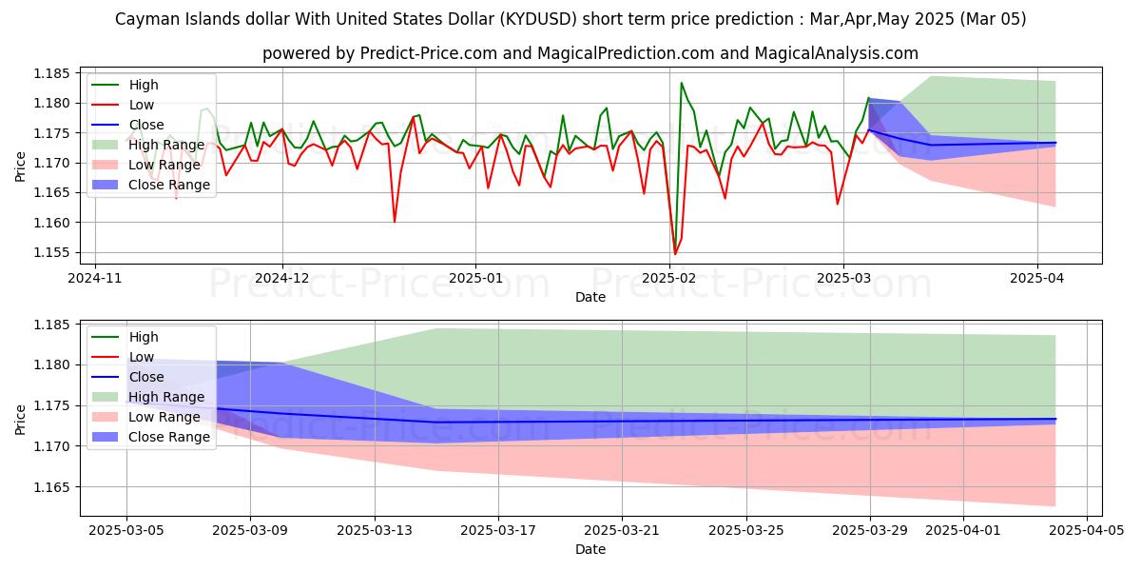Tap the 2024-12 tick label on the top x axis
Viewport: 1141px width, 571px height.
(x=282, y=278)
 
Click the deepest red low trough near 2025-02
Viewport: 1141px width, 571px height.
(x=675, y=254)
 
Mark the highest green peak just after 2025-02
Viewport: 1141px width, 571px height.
(x=682, y=83)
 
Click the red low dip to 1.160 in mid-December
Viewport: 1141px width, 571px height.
(x=395, y=222)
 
